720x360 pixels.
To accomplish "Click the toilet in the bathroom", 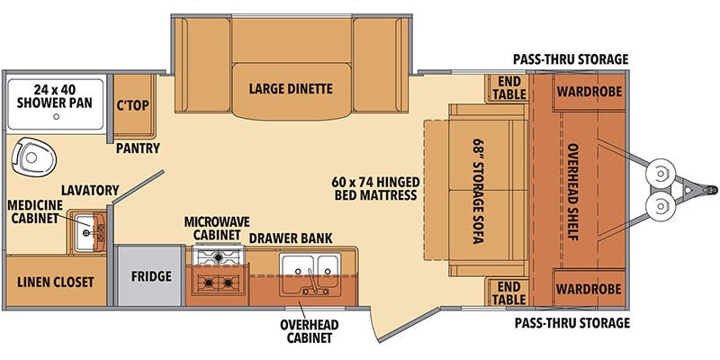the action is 33,157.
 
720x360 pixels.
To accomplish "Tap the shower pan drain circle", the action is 56,116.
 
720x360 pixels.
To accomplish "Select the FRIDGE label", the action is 151,276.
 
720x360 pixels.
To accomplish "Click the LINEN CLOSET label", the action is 56,282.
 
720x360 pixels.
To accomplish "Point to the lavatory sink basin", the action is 85,233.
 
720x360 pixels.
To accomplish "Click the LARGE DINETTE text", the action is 291,88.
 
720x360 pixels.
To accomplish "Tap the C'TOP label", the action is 132,105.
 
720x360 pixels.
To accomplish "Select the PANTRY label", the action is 138,148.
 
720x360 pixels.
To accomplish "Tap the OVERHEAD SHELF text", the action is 572,192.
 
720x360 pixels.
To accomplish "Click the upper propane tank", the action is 660,174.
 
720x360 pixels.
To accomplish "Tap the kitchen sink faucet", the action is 312,282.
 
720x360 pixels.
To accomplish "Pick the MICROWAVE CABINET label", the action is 217,229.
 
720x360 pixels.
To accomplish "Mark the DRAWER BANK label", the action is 291,238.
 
